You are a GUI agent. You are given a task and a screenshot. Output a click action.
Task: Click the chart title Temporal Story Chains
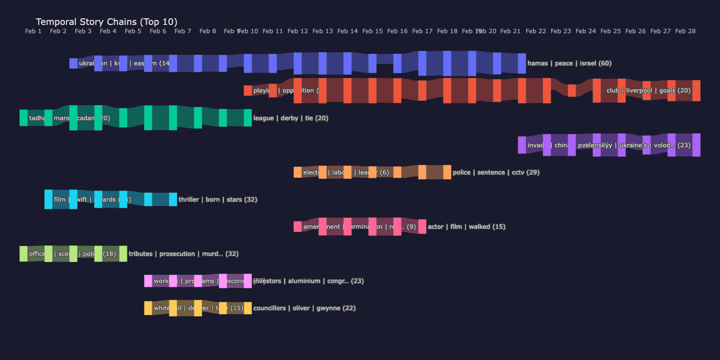[x=106, y=22]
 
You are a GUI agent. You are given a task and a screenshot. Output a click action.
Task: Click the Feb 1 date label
[x=33, y=32]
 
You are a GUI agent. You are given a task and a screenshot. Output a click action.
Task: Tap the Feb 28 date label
[x=685, y=32]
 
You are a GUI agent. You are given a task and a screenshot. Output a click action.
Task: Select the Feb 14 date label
[x=347, y=32]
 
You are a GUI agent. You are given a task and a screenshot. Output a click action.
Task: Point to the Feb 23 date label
[x=560, y=32]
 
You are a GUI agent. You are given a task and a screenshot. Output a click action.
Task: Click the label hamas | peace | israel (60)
[x=569, y=63]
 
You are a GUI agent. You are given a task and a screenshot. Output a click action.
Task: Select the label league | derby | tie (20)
[x=291, y=118]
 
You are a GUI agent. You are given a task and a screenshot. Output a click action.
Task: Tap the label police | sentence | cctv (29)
[x=496, y=172]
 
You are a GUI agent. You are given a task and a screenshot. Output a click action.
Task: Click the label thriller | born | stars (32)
[x=218, y=199]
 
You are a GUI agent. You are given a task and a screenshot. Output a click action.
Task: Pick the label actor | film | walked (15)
[x=466, y=227]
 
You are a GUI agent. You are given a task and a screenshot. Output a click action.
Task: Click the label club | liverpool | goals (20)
[x=648, y=90]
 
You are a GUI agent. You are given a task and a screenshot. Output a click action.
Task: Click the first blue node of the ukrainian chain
[x=73, y=63]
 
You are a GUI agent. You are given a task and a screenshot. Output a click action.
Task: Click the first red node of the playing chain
[x=248, y=90]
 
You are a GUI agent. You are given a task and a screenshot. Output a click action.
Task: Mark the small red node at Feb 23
[x=572, y=90]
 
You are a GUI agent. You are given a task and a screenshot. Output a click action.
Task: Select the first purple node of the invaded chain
[x=522, y=145]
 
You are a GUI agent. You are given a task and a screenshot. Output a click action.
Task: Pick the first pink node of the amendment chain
[x=297, y=227]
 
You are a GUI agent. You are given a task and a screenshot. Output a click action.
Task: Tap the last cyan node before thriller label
[x=173, y=199]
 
